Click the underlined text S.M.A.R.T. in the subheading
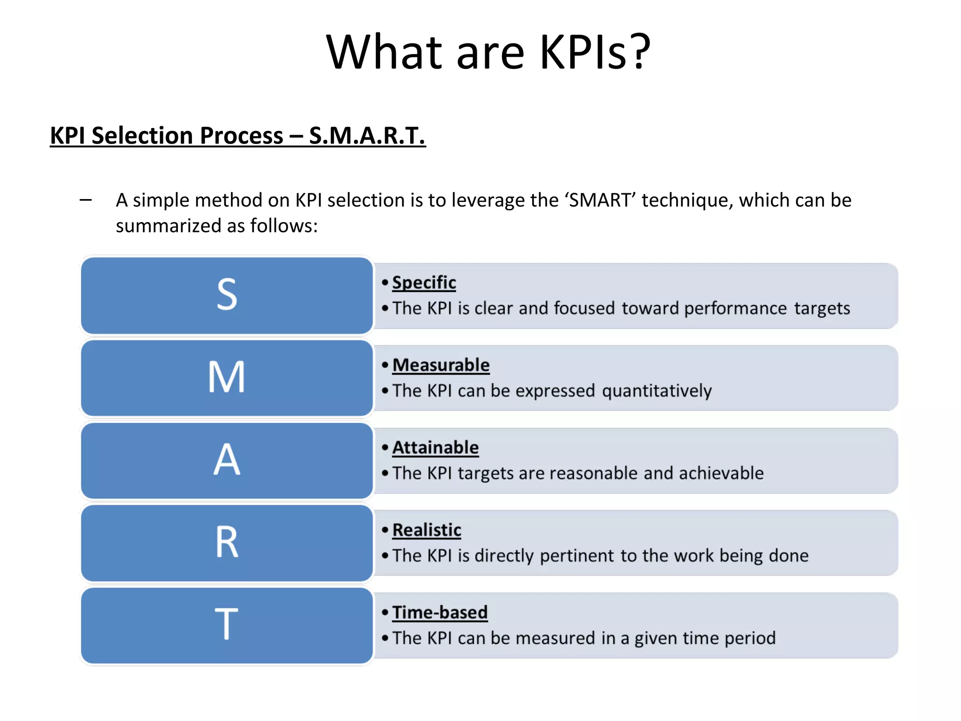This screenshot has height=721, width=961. (x=367, y=136)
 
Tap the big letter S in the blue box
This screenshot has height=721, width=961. (x=227, y=294)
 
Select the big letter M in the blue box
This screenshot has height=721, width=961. (x=227, y=377)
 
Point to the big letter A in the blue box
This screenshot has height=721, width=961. (x=227, y=460)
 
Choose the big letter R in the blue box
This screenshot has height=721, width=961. (x=227, y=542)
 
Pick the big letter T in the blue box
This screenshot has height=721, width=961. (x=227, y=624)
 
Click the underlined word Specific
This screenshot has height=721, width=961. (x=424, y=283)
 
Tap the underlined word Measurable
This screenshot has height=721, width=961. (x=441, y=365)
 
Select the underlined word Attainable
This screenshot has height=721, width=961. (x=435, y=448)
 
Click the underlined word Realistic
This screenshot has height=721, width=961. (x=427, y=530)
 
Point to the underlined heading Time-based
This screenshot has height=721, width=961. (x=440, y=613)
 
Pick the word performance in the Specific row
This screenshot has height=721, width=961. (x=735, y=308)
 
